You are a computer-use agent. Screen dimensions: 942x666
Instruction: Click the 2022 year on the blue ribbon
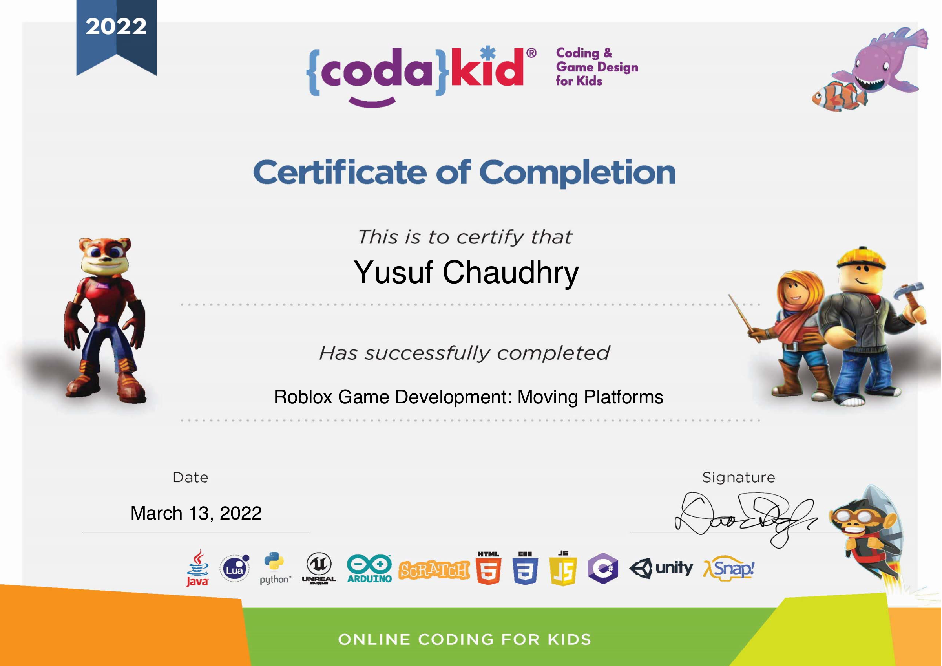click(116, 27)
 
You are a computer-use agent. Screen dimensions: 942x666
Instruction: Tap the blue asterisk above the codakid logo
click(488, 53)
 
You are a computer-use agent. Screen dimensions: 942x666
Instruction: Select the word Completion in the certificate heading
click(577, 173)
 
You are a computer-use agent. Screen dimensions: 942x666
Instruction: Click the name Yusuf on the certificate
click(393, 273)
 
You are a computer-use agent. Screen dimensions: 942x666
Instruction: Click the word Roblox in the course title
click(303, 397)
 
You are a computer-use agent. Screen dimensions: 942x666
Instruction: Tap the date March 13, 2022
click(196, 513)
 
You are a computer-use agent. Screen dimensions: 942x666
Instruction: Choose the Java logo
click(198, 568)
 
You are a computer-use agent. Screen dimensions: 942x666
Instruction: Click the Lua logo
click(235, 568)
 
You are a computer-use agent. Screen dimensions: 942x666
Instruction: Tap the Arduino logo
click(369, 569)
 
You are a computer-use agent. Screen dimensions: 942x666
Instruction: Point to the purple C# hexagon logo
click(603, 568)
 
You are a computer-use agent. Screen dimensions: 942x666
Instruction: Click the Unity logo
click(661, 569)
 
